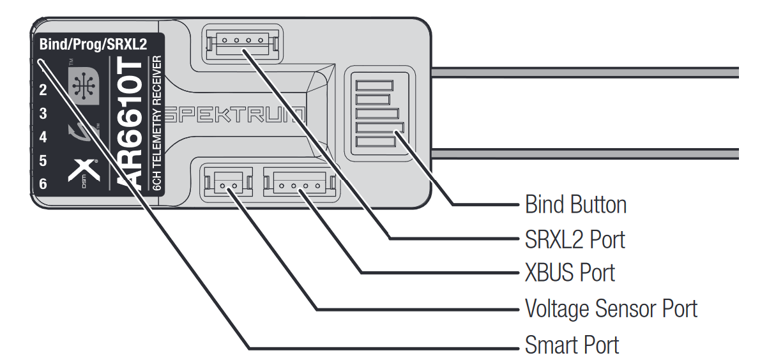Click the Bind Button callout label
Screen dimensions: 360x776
click(575, 205)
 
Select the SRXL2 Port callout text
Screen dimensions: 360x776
click(575, 239)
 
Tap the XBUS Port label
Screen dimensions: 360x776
click(570, 273)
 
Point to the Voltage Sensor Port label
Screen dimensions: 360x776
click(611, 309)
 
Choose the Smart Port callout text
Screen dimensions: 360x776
click(572, 345)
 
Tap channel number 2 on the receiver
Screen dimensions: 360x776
click(43, 90)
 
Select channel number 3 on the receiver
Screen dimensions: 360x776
click(43, 114)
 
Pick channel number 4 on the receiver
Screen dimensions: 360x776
click(43, 137)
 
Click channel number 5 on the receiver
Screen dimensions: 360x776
click(43, 160)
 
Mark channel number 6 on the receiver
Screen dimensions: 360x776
click(43, 184)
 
